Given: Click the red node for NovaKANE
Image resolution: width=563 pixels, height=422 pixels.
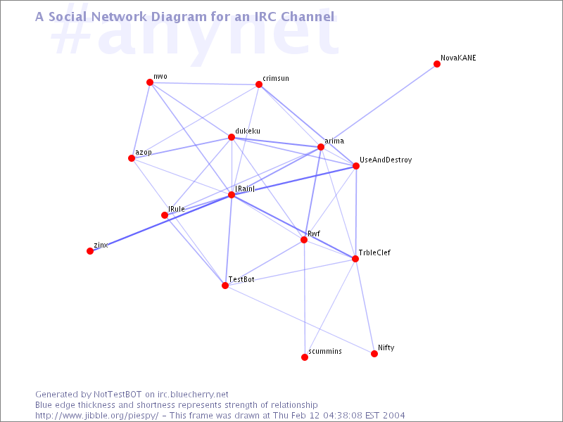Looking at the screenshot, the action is click(437, 64).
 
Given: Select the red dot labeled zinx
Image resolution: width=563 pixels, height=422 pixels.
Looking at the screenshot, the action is click(90, 251).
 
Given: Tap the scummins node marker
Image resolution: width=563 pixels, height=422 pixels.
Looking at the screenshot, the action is click(305, 357).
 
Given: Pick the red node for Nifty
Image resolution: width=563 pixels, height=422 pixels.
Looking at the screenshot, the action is click(374, 354).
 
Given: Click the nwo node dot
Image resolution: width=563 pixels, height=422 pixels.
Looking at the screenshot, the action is click(150, 82).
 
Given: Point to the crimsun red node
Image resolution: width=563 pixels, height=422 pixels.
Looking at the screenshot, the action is click(259, 84).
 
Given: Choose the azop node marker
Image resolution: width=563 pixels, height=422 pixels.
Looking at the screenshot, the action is click(132, 158).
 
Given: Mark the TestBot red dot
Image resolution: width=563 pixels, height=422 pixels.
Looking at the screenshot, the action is click(225, 286).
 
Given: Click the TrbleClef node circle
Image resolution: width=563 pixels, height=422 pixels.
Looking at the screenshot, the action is click(355, 259).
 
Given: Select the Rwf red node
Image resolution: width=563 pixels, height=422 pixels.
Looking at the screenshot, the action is click(304, 240).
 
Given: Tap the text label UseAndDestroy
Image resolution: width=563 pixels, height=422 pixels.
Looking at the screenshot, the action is click(386, 160).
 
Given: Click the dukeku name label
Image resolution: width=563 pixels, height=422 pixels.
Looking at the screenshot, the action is click(248, 131).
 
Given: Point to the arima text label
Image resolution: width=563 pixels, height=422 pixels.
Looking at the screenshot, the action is click(334, 141).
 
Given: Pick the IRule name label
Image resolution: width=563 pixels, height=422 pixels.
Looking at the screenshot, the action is click(177, 209).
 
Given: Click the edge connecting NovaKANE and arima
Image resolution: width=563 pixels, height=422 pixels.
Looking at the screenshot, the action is click(379, 105).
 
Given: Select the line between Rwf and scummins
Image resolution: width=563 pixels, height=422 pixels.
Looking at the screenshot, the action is click(304, 298).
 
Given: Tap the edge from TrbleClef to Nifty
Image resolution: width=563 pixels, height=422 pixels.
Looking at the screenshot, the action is click(365, 306).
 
